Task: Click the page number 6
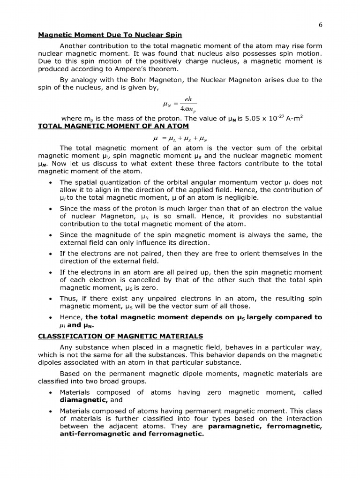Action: pos(320,26)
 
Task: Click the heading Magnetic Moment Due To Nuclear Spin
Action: pos(110,35)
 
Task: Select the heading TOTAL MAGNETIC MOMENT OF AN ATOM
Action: pos(113,126)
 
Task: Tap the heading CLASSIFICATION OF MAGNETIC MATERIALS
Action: pos(120,336)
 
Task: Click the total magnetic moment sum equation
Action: pos(180,139)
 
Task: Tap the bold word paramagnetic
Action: pos(235,427)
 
